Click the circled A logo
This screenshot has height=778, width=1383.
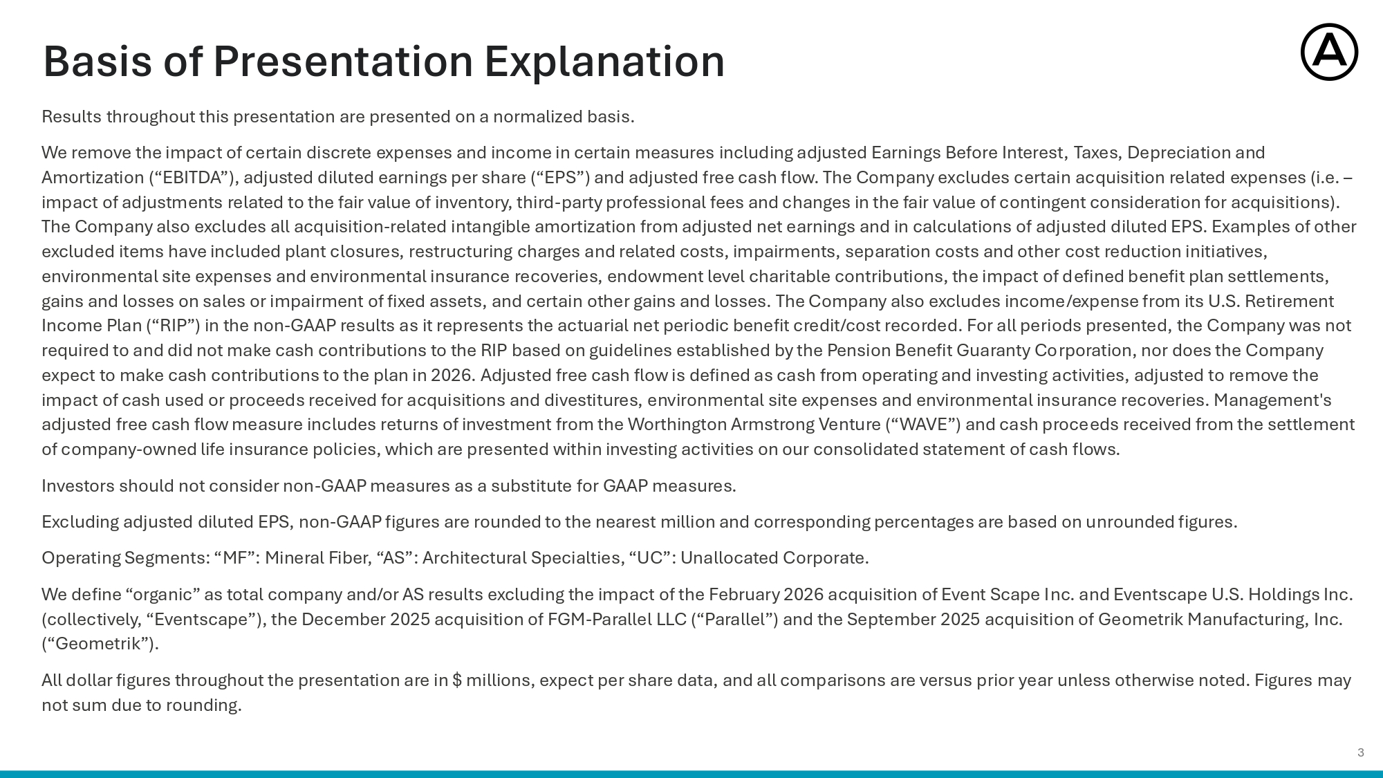[x=1329, y=52]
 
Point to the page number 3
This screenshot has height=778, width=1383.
[x=1360, y=752]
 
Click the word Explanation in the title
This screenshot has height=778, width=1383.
[x=604, y=62]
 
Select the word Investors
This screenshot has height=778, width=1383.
[x=78, y=486]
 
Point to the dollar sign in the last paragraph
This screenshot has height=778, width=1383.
[x=457, y=680]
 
